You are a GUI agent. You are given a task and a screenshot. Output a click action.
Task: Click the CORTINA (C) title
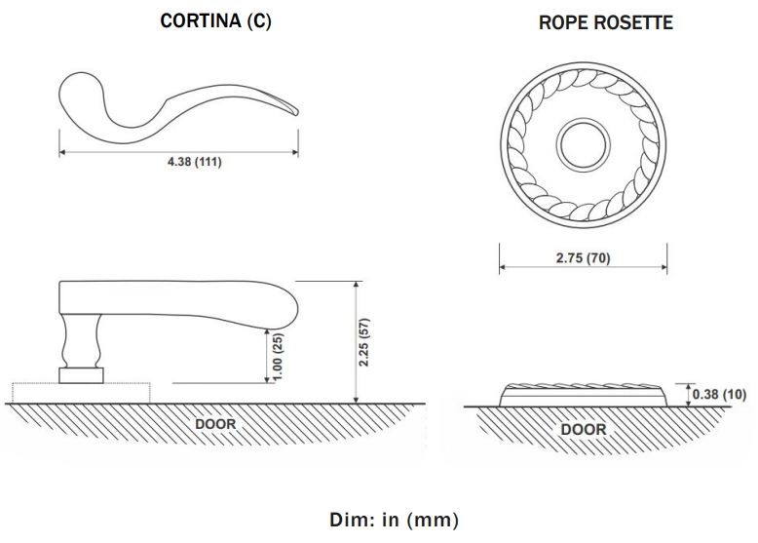pos(215,21)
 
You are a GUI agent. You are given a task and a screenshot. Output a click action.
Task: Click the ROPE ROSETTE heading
pos(605,22)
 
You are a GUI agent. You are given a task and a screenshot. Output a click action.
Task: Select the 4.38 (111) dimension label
pos(194,162)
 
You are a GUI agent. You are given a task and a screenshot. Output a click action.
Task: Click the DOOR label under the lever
pos(215,425)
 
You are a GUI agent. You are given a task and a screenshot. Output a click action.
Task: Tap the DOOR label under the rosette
pos(584,429)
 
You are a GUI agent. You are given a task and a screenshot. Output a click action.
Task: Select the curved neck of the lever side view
pos(81,341)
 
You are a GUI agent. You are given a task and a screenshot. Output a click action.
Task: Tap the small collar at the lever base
pos(81,375)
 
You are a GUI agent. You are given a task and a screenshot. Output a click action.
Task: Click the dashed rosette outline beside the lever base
pos(127,392)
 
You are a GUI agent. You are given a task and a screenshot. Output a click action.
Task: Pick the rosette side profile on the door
pos(583,395)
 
